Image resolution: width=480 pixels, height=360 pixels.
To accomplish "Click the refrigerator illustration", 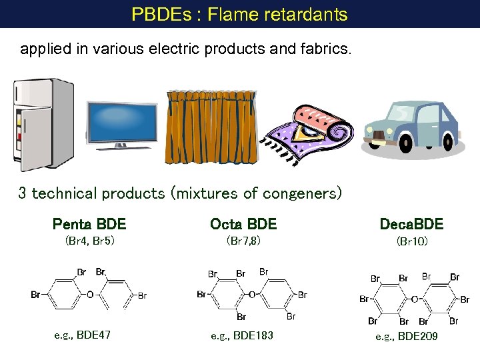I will coord(43,125).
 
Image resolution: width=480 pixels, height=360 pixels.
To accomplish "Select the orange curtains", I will coord(211,127).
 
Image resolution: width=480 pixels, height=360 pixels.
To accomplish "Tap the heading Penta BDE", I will coord(89,224).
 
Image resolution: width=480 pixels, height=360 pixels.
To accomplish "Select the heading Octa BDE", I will coord(243,224).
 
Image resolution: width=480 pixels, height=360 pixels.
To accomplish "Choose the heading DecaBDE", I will coord(411,224).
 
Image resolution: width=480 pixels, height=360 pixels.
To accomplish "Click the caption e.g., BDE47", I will coord(83,335).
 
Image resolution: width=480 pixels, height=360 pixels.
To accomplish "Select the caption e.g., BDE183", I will coord(242,335).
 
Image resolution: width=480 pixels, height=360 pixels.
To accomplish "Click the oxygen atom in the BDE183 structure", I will coord(251,294).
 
